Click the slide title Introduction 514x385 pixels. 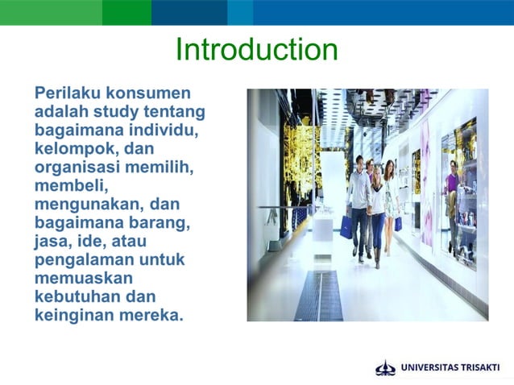click(x=256, y=50)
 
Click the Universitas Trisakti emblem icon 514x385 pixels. click(x=386, y=368)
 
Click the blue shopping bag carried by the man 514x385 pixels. click(x=346, y=227)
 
